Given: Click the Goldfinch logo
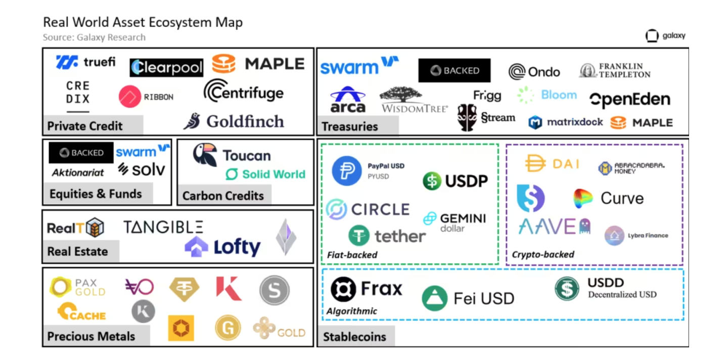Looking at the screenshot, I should click(x=234, y=121).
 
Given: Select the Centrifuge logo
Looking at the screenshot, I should click(x=243, y=92).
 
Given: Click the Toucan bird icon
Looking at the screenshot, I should click(x=205, y=155).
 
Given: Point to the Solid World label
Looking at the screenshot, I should click(x=266, y=174).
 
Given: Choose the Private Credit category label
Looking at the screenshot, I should click(x=85, y=126).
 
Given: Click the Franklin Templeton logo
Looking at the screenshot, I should click(x=615, y=70).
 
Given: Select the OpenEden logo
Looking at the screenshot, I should click(x=630, y=100).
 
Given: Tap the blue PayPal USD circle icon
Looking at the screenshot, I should click(x=347, y=170).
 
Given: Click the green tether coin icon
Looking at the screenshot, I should click(x=359, y=236).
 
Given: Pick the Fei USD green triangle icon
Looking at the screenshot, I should click(x=435, y=298).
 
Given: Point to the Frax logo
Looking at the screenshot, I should click(x=367, y=289).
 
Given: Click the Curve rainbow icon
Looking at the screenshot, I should click(x=583, y=199).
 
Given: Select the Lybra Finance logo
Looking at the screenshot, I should click(x=636, y=236).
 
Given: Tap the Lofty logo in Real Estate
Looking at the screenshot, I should click(x=222, y=247).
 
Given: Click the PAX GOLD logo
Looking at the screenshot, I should click(x=77, y=287).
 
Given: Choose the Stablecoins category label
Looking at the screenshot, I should click(x=354, y=337).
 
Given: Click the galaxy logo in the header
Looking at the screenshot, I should click(x=665, y=36).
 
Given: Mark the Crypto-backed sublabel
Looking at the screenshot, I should click(x=543, y=254).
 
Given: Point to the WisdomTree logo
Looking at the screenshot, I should click(x=414, y=100).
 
